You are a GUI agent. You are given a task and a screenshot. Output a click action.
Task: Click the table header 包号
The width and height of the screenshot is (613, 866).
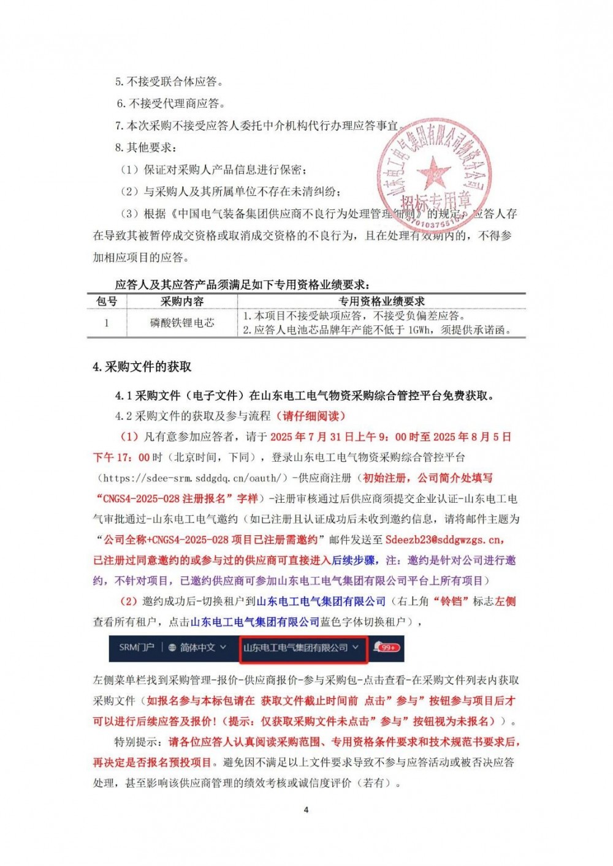click(x=107, y=301)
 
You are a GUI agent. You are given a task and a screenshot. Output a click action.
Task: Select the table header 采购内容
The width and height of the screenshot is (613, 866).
click(x=182, y=301)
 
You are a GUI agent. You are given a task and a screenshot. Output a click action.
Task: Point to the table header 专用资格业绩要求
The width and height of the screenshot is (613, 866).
click(x=381, y=301)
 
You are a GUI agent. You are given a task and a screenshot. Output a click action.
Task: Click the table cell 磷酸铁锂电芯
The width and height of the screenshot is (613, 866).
click(x=182, y=323)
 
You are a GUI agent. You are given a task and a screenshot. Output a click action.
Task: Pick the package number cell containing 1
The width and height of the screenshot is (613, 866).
click(x=107, y=323)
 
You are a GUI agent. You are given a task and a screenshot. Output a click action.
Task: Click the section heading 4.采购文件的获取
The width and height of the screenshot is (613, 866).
click(x=142, y=367)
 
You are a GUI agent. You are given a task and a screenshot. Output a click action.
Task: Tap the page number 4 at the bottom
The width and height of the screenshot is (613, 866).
click(x=306, y=810)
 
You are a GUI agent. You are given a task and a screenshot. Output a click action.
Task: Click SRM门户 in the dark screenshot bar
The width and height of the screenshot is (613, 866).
click(x=136, y=647)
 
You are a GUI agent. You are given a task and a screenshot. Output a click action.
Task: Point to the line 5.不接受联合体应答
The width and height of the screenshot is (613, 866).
click(x=169, y=81)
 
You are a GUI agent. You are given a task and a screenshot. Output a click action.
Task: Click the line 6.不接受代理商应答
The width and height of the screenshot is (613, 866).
click(x=171, y=104)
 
